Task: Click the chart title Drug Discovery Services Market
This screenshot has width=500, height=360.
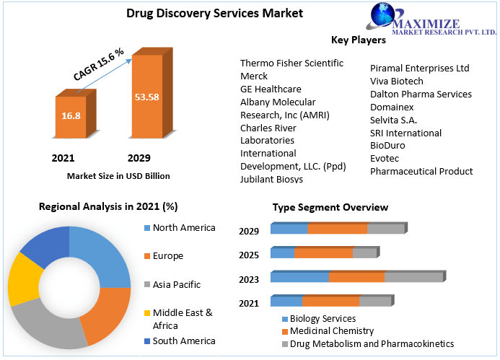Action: pos(204,12)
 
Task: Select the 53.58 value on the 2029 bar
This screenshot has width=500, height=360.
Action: pos(146,97)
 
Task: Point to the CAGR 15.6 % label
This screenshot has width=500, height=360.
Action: pos(99,64)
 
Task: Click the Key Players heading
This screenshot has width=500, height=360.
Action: pos(358,40)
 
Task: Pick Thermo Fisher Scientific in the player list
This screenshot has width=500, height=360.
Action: pos(291,63)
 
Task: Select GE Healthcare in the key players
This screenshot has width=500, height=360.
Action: pos(271,89)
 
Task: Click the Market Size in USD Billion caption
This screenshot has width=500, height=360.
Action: pos(118,175)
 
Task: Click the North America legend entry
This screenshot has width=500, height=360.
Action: pos(183,228)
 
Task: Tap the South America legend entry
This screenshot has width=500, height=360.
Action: pos(183,341)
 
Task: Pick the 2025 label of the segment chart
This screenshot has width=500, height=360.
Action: pos(249,255)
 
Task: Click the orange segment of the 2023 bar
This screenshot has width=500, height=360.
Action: pos(356,277)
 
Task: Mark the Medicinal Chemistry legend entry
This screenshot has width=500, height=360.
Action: pos(332,331)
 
